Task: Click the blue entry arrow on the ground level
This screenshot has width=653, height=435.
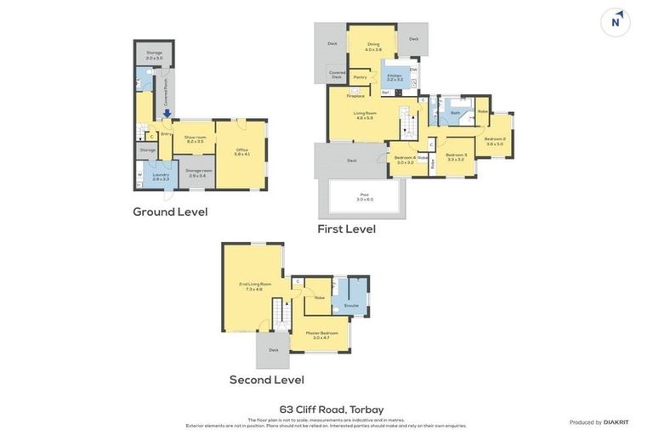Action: [x=168, y=113]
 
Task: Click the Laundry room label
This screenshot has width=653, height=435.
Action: [x=161, y=176]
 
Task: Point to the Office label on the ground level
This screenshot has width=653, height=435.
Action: [x=241, y=151]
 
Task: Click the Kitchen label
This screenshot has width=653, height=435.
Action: [x=395, y=77]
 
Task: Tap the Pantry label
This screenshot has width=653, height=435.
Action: [x=360, y=77]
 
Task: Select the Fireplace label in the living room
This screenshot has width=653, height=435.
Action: [x=355, y=96]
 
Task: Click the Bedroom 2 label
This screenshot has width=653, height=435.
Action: [x=495, y=140]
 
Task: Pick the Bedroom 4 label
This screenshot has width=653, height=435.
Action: [x=405, y=159]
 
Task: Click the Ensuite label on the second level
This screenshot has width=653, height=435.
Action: [x=351, y=305]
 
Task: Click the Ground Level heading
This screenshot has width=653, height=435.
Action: [x=170, y=212]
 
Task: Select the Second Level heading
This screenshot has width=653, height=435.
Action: [x=266, y=380]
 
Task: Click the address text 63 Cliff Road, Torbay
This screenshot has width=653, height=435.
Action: [x=332, y=409]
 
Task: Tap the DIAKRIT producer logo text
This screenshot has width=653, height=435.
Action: [x=616, y=422]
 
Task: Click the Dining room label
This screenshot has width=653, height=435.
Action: [x=373, y=46]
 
